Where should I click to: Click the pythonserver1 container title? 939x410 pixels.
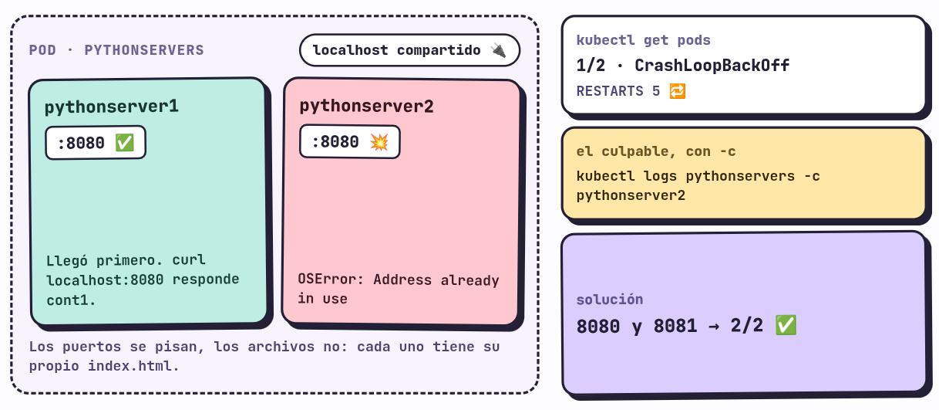click(x=112, y=107)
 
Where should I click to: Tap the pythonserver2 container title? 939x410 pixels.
click(x=366, y=106)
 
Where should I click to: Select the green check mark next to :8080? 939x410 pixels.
click(x=124, y=143)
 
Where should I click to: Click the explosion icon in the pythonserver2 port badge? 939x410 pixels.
click(x=379, y=142)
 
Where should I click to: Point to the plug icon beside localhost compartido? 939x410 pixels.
click(x=499, y=50)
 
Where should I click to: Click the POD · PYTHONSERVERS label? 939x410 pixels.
click(x=116, y=50)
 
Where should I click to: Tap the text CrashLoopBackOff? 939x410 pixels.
click(x=712, y=66)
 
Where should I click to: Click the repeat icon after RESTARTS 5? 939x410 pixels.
click(x=678, y=91)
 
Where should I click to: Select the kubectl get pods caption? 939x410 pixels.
click(x=644, y=40)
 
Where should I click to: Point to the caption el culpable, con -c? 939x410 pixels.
click(x=656, y=151)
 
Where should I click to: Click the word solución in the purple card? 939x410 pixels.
click(x=610, y=300)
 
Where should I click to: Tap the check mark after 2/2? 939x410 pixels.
click(x=786, y=326)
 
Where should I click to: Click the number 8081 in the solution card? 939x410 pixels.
click(x=675, y=326)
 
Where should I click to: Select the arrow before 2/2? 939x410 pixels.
click(x=714, y=326)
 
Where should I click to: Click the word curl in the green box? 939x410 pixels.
click(x=189, y=259)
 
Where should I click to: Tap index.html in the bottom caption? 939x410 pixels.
click(x=133, y=366)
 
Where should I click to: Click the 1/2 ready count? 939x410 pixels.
click(x=591, y=66)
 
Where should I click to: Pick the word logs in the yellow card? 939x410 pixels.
click(x=660, y=176)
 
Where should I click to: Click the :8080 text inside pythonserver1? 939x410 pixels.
click(x=81, y=143)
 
